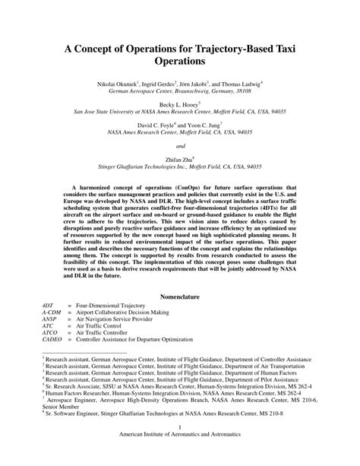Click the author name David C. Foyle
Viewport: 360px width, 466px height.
point(156,123)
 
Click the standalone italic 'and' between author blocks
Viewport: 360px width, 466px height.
point(180,145)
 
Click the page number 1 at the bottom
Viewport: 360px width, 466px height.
point(179,449)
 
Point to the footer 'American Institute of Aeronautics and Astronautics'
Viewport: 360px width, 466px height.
point(179,457)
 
